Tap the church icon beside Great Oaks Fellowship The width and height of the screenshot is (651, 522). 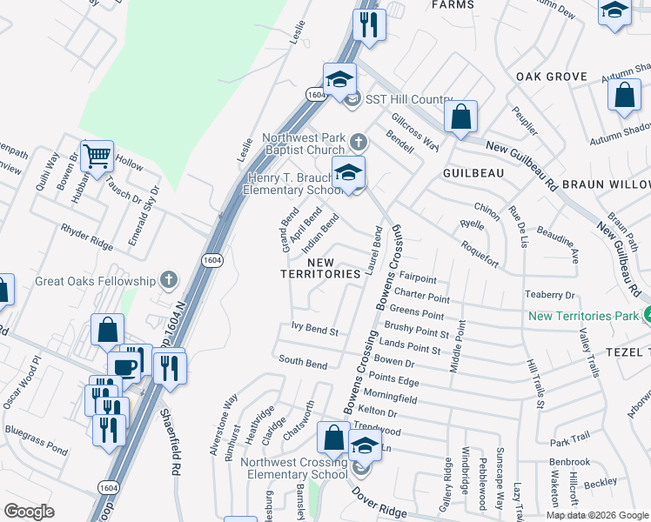[x=169, y=280]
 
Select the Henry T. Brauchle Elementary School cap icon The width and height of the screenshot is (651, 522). [x=348, y=173]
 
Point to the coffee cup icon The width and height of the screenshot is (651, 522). [x=124, y=365]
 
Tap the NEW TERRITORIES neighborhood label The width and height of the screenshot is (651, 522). [x=320, y=268]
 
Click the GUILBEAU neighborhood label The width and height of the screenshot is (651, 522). [x=473, y=173]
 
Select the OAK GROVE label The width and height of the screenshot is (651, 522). [x=552, y=77]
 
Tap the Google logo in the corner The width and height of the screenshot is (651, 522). [x=29, y=512]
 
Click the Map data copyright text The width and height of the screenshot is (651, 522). [x=597, y=515]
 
